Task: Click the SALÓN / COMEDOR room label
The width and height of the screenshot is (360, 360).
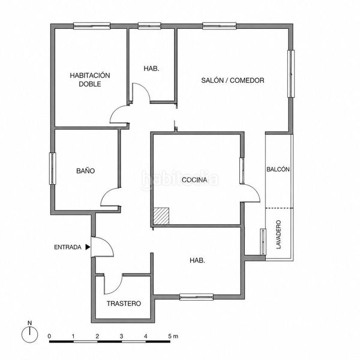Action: click(233, 80)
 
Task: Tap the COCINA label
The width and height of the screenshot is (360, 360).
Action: click(194, 180)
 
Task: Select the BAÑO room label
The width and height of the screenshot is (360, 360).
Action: click(85, 170)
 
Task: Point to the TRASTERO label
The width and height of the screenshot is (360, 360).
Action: click(124, 304)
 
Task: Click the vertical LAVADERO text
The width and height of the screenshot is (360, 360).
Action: click(278, 235)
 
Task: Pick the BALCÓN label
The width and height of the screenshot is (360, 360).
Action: click(278, 169)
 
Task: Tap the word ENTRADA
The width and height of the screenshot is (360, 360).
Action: click(68, 247)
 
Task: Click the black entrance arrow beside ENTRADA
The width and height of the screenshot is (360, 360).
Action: click(88, 247)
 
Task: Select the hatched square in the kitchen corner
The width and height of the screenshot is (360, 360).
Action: click(161, 216)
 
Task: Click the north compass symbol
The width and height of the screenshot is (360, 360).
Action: click(29, 332)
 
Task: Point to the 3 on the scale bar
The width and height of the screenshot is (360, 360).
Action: click(121, 337)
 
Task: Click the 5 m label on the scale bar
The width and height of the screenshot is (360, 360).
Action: click(173, 337)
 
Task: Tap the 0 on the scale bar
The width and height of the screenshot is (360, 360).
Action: click(49, 337)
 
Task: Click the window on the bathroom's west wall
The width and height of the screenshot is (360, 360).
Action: click(53, 169)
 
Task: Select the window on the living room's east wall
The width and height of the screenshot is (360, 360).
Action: click(291, 74)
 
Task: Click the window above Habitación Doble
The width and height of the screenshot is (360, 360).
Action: click(92, 26)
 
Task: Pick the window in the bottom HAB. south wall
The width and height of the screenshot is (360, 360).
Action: click(196, 297)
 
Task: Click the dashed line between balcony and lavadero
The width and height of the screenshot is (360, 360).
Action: click(279, 208)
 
